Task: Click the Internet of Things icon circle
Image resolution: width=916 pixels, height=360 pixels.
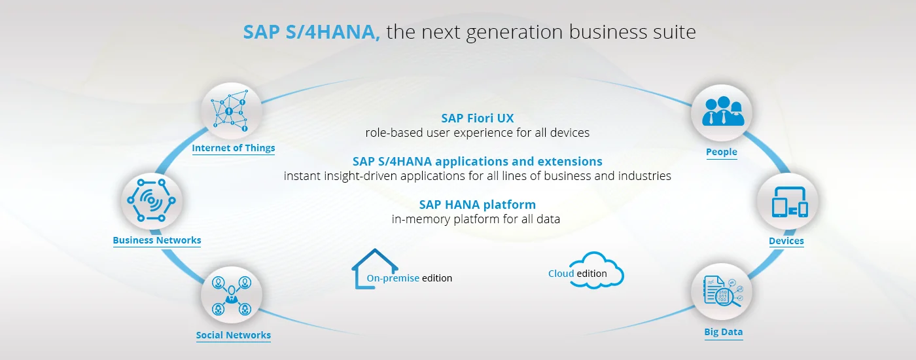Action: coord(232,111)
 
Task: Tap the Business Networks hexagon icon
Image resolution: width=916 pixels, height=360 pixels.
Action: coord(151,200)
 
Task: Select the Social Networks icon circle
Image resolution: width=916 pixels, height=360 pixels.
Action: coord(232,295)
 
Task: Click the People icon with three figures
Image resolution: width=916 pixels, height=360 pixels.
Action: coord(723,111)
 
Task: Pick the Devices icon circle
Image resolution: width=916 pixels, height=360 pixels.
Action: coord(788,202)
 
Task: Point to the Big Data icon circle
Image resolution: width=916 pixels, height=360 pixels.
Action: coord(721,291)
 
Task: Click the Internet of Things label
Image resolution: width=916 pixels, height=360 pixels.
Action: coord(234,148)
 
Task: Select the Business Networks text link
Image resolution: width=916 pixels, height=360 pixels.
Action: coord(157,240)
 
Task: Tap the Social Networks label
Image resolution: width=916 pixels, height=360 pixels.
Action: coord(234,335)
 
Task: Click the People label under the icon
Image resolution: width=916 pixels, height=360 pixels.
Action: coord(721,152)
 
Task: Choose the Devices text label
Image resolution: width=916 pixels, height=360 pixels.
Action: coord(786,241)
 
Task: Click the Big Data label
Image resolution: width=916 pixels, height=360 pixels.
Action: coord(724,332)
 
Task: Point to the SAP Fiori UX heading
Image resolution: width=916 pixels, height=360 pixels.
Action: coord(477,118)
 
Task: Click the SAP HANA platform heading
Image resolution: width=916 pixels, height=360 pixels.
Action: coord(477,204)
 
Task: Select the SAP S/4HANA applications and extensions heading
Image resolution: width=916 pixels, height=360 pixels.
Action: coord(477,161)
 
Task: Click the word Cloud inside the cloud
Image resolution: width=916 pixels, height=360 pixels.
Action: coord(561,274)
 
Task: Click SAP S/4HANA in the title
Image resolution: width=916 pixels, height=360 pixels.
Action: coord(311,32)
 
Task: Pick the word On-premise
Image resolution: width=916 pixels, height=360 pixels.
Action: coord(393,278)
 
